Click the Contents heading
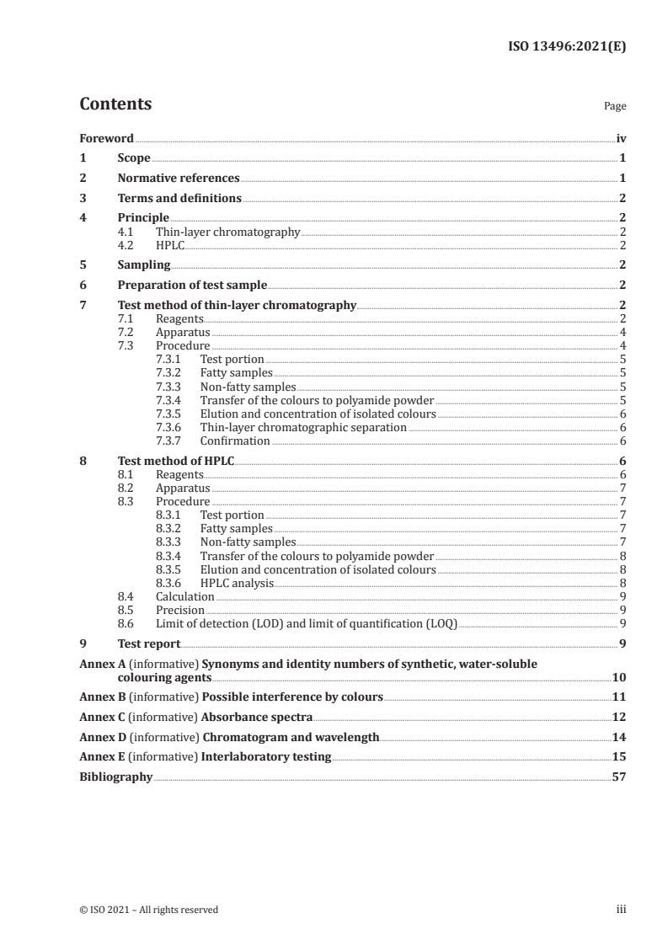coord(115,104)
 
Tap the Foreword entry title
coord(106,137)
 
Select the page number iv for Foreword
coord(620,137)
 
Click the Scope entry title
coord(134,157)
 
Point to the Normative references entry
coord(179,178)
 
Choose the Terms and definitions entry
coord(179,198)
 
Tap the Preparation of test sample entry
coord(192,286)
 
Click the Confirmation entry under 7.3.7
coord(235,440)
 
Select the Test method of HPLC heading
coord(176,461)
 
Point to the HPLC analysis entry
coord(237,582)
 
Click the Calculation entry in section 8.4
coord(185,596)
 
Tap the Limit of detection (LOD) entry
coord(306,623)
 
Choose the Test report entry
coord(149,643)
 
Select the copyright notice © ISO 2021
coord(148,910)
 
